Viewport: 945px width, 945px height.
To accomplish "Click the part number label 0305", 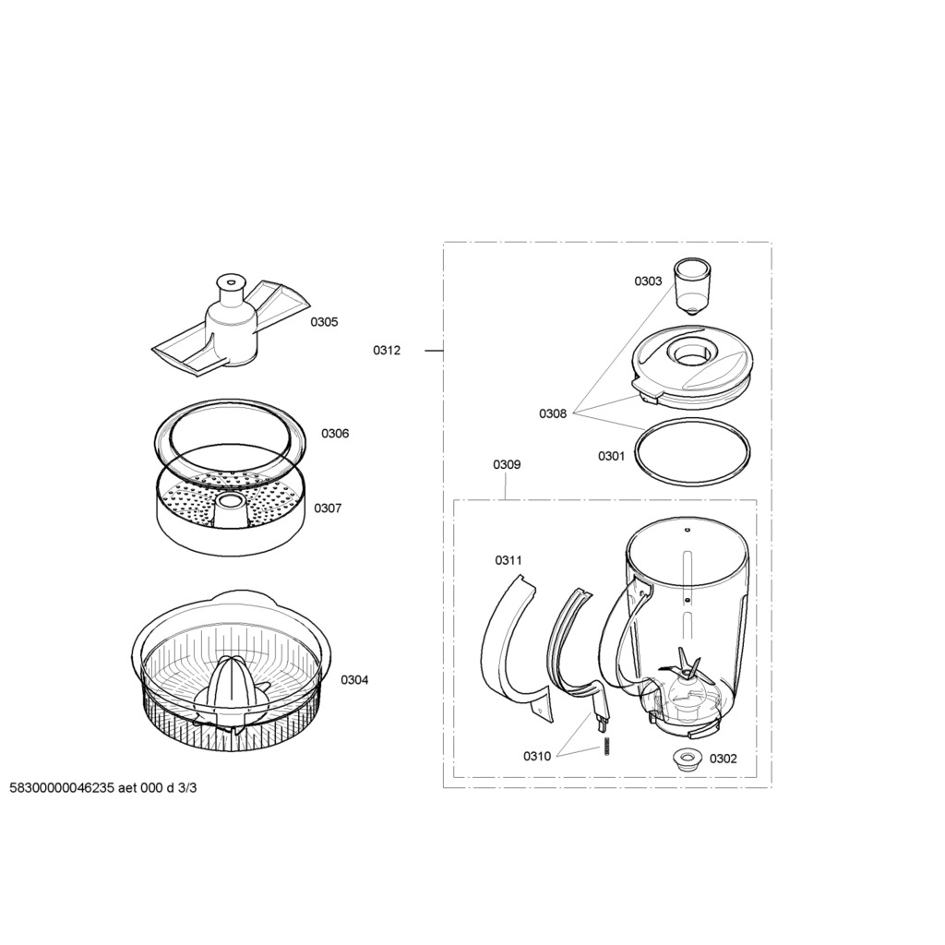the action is coord(324,322).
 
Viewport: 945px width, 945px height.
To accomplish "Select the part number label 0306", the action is coord(335,434).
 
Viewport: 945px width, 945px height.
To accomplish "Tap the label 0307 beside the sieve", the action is coord(328,508).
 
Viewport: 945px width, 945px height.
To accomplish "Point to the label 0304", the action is coord(354,680).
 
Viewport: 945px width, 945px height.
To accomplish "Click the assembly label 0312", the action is coord(387,350).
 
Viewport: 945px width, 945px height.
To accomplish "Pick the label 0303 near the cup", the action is coord(648,281).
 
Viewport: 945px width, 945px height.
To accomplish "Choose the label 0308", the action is coord(553,413).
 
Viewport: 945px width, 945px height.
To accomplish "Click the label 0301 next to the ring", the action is coord(612,456).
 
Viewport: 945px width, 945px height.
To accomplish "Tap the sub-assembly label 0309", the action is coord(507,465).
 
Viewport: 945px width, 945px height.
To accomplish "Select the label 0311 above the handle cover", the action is coord(508,560).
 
